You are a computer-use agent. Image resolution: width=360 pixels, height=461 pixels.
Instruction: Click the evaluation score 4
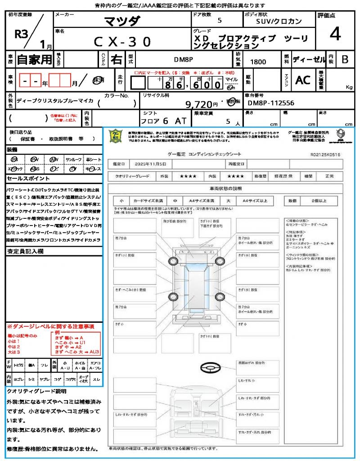pyautogui.click(x=334, y=35)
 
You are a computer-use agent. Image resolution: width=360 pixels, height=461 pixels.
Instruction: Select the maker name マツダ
pyautogui.click(x=122, y=21)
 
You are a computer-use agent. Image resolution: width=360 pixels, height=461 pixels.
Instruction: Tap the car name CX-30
pyautogui.click(x=122, y=42)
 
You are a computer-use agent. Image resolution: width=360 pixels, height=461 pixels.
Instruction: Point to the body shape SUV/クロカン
pyautogui.click(x=279, y=21)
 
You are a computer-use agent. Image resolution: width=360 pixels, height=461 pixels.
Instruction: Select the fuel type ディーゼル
pyautogui.click(x=309, y=59)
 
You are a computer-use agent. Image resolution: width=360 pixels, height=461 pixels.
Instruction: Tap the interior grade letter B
pyautogui.click(x=345, y=59)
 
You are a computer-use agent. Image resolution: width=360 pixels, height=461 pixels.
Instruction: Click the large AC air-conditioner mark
pyautogui.click(x=303, y=80)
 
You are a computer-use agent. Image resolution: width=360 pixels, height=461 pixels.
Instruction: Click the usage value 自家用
pyautogui.click(x=34, y=59)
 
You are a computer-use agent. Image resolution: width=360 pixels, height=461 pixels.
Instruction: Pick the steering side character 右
pyautogui.click(x=117, y=59)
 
